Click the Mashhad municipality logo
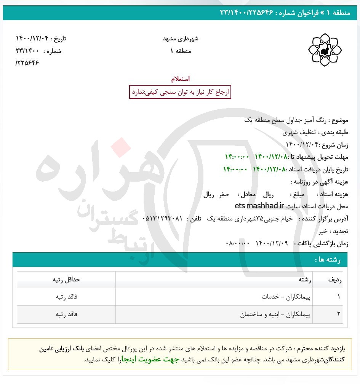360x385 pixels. [x=325, y=50]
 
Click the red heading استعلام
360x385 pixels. [x=180, y=79]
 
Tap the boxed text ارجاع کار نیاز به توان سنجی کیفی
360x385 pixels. [x=180, y=92]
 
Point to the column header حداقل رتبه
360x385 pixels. [x=66, y=280]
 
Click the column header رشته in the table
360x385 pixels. [x=305, y=280]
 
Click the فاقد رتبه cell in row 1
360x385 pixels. [x=66, y=297]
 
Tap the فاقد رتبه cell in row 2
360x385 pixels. [x=66, y=315]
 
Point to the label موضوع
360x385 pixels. [x=340, y=120]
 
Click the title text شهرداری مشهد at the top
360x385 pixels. [x=180, y=38]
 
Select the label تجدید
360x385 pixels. [x=339, y=231]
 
